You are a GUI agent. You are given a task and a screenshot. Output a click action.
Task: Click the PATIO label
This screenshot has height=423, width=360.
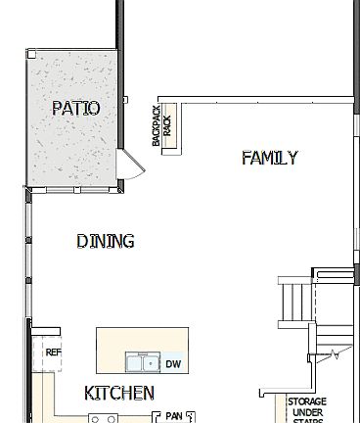click(75, 108)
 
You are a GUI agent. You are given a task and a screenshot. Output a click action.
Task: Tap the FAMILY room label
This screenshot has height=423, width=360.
click(269, 158)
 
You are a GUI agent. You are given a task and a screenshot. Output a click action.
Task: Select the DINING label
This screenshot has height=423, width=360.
click(105, 241)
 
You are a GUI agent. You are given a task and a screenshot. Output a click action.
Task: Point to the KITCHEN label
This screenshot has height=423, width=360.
click(119, 393)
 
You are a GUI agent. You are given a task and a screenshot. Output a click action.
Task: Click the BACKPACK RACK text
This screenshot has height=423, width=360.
click(160, 127)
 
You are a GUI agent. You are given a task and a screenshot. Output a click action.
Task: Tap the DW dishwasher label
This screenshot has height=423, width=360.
click(173, 365)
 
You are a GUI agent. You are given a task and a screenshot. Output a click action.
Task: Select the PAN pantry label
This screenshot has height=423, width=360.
click(174, 416)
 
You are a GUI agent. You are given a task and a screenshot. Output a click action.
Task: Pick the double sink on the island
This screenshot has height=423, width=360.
click(143, 364)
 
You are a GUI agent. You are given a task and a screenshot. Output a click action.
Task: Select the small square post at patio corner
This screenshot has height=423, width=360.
click(31, 55)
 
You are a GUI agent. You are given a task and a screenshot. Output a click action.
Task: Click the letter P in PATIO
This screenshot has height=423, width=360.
click(57, 108)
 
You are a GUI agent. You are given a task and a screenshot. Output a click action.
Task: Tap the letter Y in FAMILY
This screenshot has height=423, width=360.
click(292, 158)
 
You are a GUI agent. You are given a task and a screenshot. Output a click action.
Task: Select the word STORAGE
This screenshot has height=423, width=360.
click(306, 401)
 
